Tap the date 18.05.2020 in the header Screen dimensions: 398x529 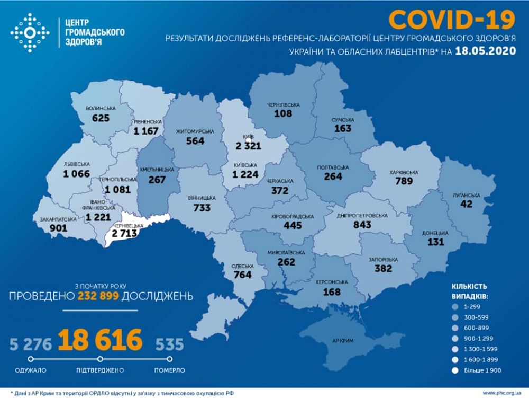(485, 52)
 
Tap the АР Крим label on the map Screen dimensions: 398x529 (343, 340)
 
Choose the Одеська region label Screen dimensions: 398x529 (243, 267)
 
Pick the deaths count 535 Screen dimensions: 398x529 (169, 345)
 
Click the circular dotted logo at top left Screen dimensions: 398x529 (30, 32)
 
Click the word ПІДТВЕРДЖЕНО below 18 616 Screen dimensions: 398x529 (101, 369)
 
